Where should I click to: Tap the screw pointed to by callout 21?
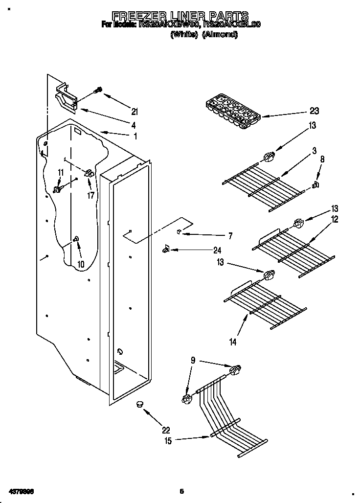click(98, 90)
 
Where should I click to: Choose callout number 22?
click(166, 430)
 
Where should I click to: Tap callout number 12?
click(335, 220)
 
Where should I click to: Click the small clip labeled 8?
click(315, 184)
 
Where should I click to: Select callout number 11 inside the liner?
click(61, 172)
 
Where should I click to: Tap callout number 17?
click(91, 196)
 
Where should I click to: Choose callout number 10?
click(81, 264)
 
